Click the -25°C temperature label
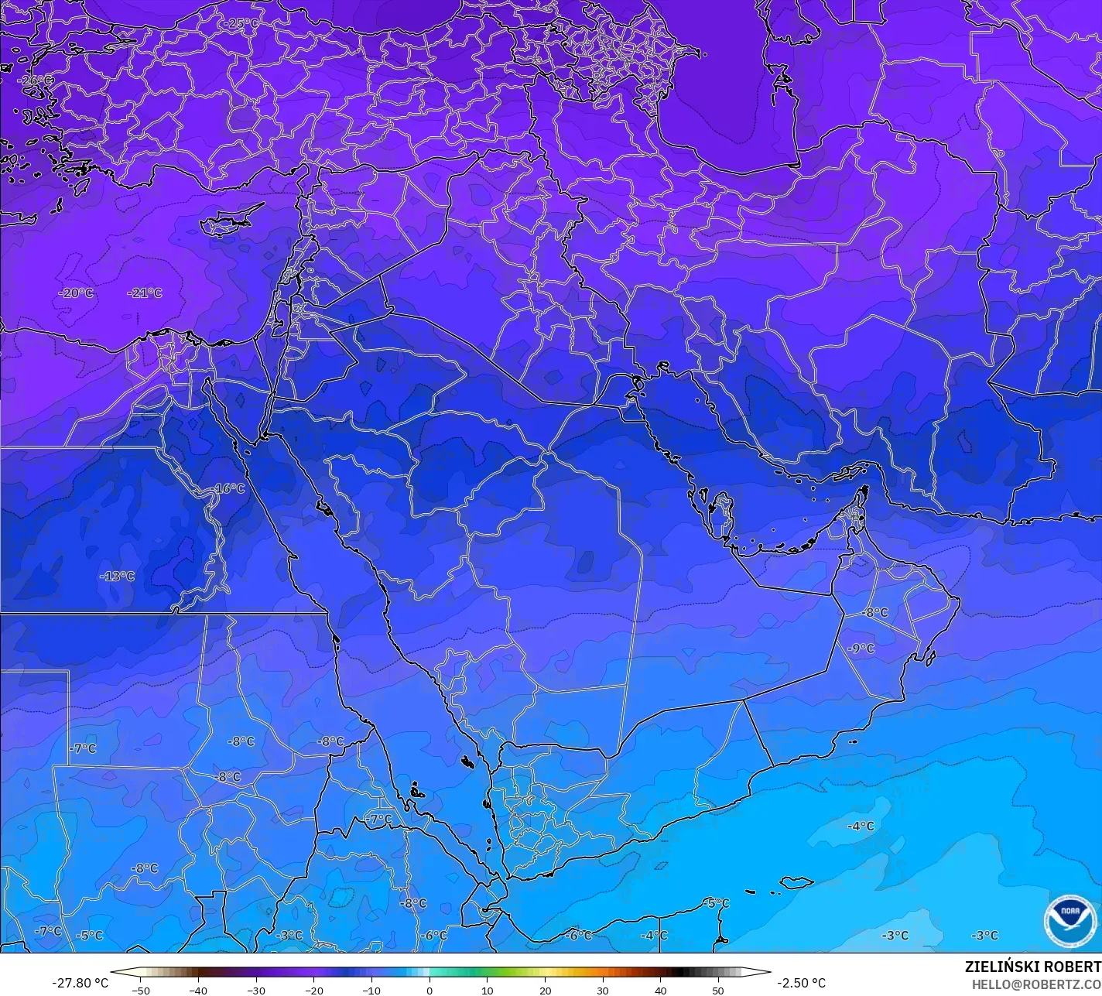point(241,23)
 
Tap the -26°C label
point(36,80)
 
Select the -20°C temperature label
point(76,293)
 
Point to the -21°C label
point(145,293)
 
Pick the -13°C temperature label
point(117,577)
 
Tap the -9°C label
point(861,649)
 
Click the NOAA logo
point(1069,921)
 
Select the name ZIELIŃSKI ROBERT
point(1032,967)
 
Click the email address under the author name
point(1036,984)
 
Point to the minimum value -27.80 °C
point(80,983)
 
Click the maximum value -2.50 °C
point(801,983)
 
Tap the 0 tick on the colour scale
point(430,991)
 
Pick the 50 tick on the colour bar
point(718,991)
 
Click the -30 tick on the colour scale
point(256,991)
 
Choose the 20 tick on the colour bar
point(545,991)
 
